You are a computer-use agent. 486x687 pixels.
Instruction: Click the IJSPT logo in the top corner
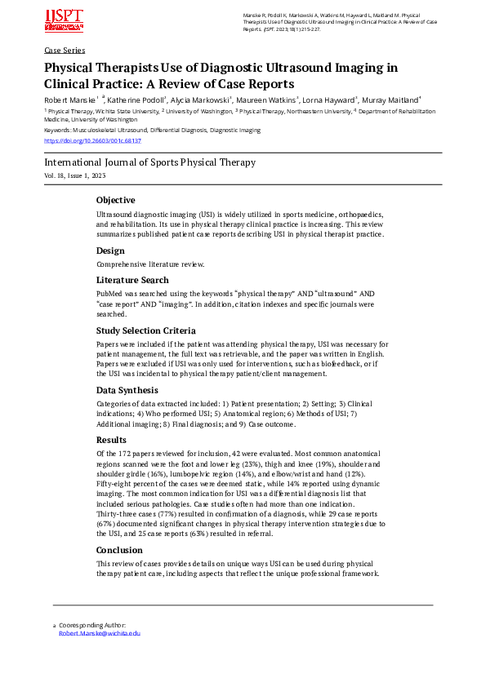[x=65, y=20]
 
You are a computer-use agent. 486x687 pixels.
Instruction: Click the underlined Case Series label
[x=65, y=50]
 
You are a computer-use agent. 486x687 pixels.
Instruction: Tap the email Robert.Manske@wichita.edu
[x=100, y=632]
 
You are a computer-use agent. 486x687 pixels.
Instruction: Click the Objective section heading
[x=115, y=200]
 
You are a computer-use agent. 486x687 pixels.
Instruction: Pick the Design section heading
[x=110, y=250]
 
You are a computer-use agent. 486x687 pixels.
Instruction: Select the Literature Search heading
[x=132, y=280]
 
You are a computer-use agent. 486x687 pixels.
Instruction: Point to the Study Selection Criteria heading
[x=145, y=330]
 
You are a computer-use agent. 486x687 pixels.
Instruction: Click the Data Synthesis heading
[x=127, y=390]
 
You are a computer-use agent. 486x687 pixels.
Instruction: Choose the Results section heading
[x=112, y=441]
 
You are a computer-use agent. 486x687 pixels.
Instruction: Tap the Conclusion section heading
[x=118, y=550]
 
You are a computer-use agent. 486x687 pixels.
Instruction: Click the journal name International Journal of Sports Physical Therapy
[x=149, y=162]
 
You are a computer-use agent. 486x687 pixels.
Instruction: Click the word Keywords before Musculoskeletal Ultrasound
[x=59, y=130]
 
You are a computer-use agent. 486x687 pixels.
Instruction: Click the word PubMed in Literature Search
[x=109, y=294]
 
